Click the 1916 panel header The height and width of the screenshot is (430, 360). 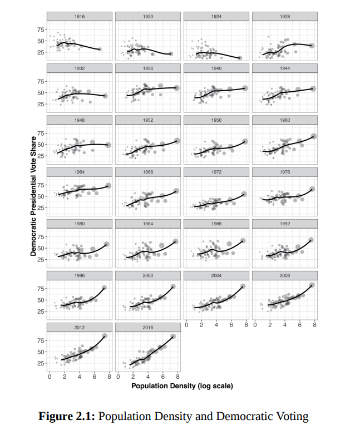click(80, 17)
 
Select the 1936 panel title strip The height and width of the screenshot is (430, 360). click(147, 68)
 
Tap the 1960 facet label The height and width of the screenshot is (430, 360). click(285, 120)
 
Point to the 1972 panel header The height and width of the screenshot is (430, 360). click(216, 172)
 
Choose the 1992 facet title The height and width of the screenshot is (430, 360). click(285, 224)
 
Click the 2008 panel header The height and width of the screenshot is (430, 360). click(285, 275)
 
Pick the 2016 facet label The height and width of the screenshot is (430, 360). click(147, 328)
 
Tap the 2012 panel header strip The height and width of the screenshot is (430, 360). click(80, 328)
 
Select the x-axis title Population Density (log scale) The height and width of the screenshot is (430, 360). click(182, 385)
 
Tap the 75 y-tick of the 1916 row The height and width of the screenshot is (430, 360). click(41, 29)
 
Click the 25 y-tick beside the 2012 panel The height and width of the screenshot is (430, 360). click(41, 363)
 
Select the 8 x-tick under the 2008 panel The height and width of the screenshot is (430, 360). click(314, 324)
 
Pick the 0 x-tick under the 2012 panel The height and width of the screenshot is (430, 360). click(50, 377)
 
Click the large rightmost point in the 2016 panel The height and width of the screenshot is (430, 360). click(173, 336)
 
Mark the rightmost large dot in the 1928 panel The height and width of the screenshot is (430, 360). click(312, 46)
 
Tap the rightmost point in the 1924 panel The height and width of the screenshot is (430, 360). click(239, 58)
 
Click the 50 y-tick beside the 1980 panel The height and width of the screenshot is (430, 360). click(41, 248)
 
